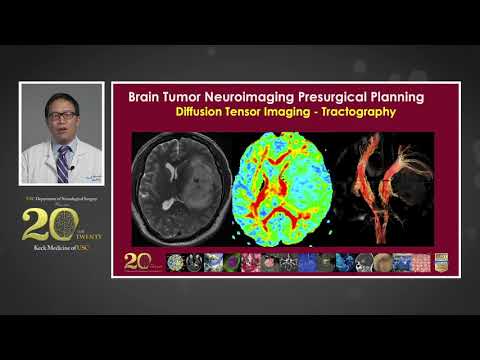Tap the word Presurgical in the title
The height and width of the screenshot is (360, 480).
click(x=351, y=97)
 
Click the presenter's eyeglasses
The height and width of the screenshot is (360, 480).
click(x=62, y=116)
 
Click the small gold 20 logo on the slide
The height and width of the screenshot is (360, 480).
click(x=139, y=261)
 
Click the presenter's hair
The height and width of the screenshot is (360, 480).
click(x=62, y=99)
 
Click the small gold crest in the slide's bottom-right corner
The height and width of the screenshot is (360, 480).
click(x=441, y=262)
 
